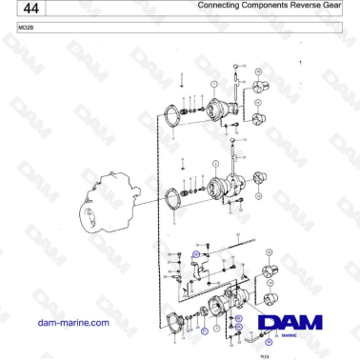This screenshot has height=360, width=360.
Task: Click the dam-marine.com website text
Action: (72, 323)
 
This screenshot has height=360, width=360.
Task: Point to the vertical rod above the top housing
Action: (234, 81)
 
